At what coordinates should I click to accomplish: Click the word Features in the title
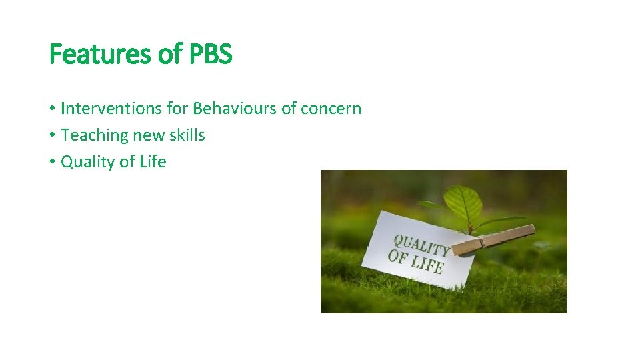(101, 54)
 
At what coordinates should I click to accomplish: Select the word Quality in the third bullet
(87, 161)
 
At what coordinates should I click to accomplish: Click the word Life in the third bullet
(152, 161)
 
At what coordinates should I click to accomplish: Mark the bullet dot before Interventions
(52, 109)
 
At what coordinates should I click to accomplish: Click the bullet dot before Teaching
(52, 135)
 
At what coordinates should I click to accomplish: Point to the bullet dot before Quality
(52, 162)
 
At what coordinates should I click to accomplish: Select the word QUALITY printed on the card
(421, 245)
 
